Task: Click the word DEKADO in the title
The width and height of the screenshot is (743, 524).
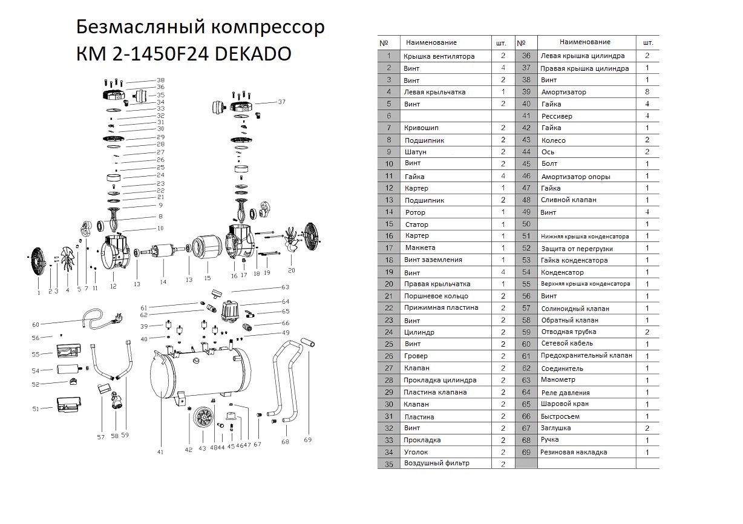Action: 254,54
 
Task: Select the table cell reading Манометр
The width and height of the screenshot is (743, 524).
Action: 558,380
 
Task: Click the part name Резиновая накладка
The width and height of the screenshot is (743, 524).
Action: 574,452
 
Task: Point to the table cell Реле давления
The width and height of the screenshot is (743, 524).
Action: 565,392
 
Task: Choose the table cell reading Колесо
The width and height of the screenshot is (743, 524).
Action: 553,140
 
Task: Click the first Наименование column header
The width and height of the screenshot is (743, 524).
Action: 431,42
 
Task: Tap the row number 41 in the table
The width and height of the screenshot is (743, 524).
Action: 526,116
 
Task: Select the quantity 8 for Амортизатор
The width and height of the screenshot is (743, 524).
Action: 647,92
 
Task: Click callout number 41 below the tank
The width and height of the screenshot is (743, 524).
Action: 160,451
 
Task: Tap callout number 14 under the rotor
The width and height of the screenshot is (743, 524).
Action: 163,282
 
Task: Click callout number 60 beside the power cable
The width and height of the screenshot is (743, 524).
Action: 35,324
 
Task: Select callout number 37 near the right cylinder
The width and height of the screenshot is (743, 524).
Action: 281,102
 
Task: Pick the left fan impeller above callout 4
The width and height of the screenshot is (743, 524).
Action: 67,260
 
